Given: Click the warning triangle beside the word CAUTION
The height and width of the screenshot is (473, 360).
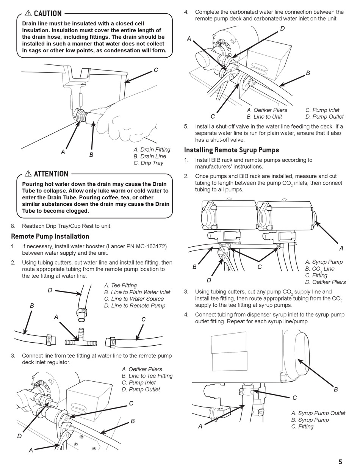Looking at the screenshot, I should coord(28,13).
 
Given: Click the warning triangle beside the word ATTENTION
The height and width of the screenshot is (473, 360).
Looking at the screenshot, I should coord(28,174).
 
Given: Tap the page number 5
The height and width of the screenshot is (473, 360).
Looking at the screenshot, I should coord(340,462).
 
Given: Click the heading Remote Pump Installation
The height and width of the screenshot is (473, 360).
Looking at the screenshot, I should coord(50,236).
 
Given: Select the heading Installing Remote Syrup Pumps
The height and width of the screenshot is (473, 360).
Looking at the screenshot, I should coord(232,150).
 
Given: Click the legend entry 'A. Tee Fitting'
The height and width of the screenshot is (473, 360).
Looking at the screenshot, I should coord(120,285).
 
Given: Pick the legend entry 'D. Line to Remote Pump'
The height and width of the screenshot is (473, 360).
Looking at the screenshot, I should coord(135,305).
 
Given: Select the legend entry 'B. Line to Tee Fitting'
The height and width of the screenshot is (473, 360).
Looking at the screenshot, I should coord(147,376).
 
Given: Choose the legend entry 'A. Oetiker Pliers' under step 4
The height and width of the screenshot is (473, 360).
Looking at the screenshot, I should coord(267,110).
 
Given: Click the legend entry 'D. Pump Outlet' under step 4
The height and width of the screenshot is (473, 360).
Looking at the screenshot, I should coord(324,117).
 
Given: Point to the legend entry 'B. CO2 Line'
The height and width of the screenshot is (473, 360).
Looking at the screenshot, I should coord(320,269).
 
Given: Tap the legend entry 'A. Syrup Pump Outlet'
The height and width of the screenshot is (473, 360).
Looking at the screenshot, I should coord(318,413).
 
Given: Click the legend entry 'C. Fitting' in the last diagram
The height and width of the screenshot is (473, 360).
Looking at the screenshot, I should coord(302,426).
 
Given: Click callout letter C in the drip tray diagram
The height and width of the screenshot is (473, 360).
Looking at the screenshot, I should coord(155,70).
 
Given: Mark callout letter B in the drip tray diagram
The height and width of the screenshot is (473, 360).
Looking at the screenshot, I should coord(91,155).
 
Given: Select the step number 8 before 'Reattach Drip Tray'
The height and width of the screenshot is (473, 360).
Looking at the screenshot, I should coord(13,226).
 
